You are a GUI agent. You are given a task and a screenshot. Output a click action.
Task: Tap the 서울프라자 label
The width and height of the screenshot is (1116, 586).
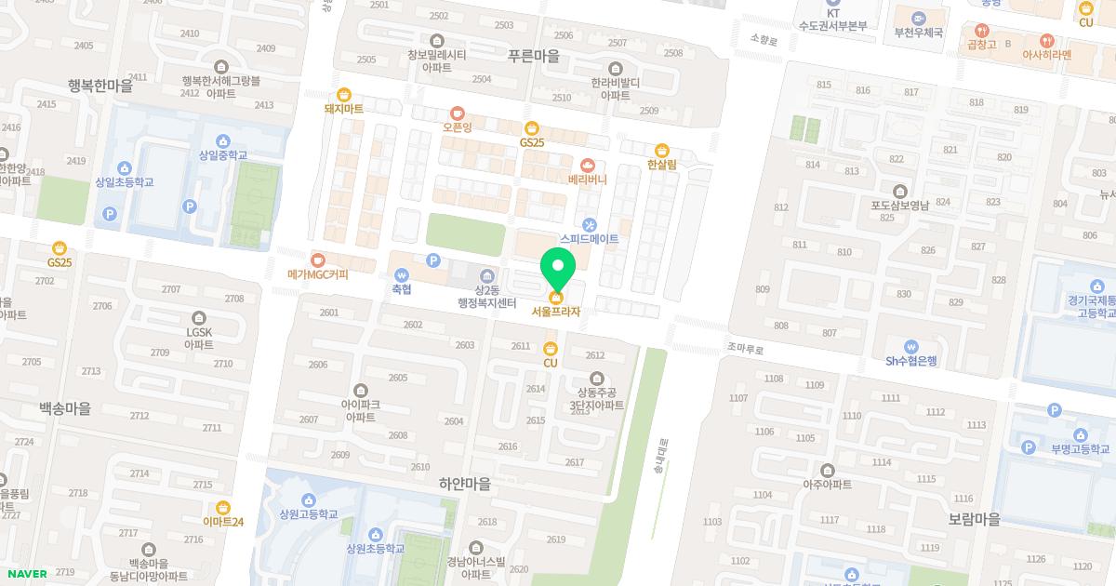[x=555, y=312]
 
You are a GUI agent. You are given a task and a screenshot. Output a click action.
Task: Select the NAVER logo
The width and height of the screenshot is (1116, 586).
[x=26, y=573]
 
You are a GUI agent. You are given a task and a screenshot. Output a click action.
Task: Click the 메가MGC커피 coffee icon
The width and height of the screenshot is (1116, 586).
[x=319, y=260]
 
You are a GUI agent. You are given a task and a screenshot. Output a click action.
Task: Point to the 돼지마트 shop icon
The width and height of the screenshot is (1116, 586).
[x=344, y=94]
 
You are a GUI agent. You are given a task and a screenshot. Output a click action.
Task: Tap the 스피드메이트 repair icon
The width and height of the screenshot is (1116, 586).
[x=589, y=224]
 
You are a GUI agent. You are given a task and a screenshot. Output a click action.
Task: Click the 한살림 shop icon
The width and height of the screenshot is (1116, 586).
[x=662, y=150]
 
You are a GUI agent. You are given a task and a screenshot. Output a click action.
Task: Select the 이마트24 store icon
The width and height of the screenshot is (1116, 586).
[x=223, y=507]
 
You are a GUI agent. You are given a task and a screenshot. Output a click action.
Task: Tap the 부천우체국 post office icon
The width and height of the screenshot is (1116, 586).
[x=919, y=18]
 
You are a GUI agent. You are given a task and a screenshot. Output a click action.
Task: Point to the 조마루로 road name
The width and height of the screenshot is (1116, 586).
[x=745, y=350]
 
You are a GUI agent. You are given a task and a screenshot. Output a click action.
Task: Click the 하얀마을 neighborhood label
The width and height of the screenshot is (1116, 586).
[x=464, y=485]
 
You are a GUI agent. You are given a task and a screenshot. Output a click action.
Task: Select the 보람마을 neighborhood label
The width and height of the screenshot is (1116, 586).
[x=974, y=518]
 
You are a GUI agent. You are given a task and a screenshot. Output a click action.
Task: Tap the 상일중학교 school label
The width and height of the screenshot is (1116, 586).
[x=223, y=155]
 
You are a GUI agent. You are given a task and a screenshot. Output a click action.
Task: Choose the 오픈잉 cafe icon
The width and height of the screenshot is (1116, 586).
[x=457, y=113]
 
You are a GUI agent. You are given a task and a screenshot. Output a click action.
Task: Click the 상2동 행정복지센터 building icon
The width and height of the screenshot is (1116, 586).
[x=486, y=275]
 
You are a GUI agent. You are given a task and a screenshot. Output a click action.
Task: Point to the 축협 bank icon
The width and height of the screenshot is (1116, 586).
[x=402, y=275]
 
